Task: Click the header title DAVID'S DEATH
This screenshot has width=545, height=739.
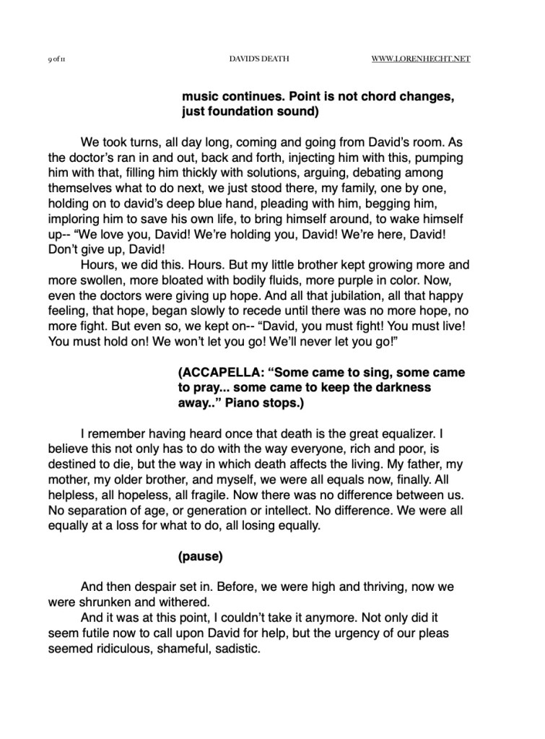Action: (x=258, y=59)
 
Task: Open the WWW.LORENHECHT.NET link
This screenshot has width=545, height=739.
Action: (x=421, y=59)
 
